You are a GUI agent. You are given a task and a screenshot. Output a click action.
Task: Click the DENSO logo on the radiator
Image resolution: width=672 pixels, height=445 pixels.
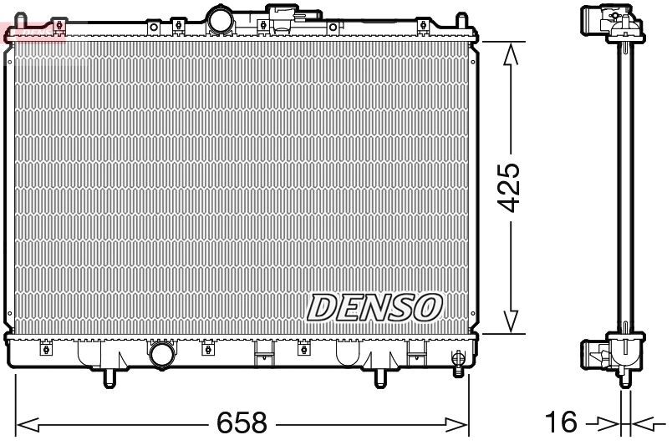point(374,306)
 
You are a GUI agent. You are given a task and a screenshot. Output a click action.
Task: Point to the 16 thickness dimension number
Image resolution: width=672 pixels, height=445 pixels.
point(564,423)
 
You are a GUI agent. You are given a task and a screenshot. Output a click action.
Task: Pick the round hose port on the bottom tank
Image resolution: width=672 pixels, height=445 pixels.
point(162,355)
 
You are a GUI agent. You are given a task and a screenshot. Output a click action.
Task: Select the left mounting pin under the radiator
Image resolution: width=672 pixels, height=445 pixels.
point(109,378)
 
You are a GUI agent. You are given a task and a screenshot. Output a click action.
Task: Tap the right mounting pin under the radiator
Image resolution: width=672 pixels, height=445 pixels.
point(380,378)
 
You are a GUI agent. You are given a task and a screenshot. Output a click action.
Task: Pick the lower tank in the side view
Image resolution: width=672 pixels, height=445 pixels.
point(616,355)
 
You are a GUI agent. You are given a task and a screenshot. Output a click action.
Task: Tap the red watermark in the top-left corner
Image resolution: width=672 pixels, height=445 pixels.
point(33,32)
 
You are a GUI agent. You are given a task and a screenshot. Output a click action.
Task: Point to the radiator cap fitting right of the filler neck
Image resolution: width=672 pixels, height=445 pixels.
point(284,15)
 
